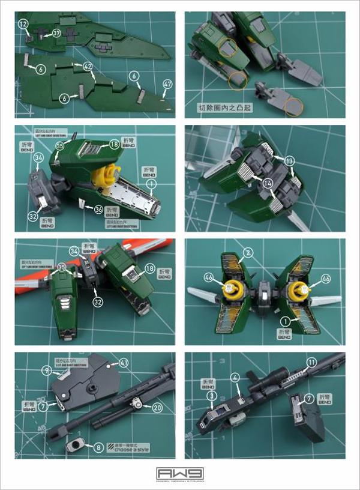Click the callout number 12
(23, 24)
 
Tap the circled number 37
(56, 32)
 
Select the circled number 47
(167, 83)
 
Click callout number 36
(98, 210)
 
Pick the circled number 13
(290, 161)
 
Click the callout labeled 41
(123, 363)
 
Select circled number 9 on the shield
(62, 371)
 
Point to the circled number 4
(235, 377)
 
